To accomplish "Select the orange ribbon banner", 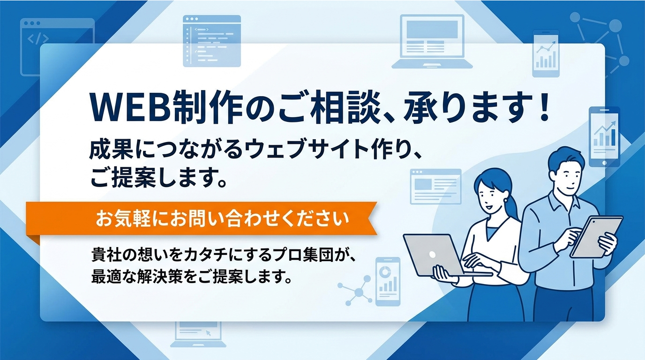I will [x=202, y=218].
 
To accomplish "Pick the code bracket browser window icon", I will [x=57, y=47].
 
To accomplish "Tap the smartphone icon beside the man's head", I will [x=604, y=136].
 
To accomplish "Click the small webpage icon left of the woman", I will [x=435, y=186].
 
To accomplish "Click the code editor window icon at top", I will [x=212, y=41].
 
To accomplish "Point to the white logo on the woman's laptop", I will [x=433, y=255].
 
